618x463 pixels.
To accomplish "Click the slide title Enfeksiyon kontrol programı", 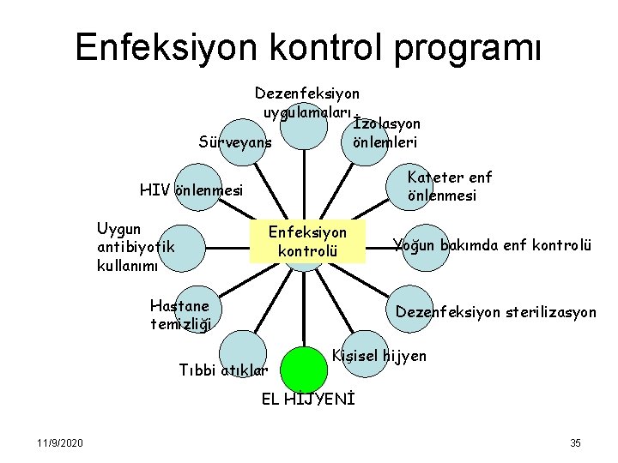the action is coord(308,48).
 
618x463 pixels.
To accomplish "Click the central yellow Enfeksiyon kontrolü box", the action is coord(307,241).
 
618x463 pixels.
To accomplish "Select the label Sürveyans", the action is coord(234,141).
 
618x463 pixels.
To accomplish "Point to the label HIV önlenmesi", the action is coord(191,189).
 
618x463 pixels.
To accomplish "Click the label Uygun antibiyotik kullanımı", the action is coord(136,247).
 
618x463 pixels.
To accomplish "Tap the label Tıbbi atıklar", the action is coord(223,370).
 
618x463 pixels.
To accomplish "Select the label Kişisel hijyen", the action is coord(379,354).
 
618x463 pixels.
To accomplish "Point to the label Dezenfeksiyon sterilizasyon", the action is coord(495,312).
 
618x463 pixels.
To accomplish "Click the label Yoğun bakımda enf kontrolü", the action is coord(492,245).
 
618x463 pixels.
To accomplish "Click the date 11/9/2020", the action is coord(60,442).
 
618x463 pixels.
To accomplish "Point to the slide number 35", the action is coord(575,442).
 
